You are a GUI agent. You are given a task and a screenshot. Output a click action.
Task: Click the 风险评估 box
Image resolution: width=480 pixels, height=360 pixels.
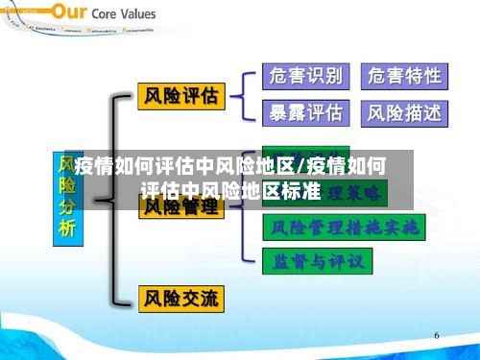click(180, 96)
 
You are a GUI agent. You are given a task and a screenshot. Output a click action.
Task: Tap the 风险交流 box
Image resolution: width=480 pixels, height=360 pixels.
click(180, 298)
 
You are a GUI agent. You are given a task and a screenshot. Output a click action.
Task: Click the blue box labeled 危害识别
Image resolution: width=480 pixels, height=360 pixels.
click(305, 76)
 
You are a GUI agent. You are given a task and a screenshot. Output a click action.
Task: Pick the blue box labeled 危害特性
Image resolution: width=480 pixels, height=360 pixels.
click(405, 76)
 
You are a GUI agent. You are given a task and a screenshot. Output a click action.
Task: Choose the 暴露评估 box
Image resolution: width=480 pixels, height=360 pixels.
click(305, 113)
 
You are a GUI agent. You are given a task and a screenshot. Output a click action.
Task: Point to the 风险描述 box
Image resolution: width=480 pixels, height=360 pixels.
click(405, 113)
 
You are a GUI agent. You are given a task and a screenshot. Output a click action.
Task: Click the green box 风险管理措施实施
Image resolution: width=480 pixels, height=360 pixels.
click(344, 228)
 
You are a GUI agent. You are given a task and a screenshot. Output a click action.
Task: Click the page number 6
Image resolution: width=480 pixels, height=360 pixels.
click(436, 336)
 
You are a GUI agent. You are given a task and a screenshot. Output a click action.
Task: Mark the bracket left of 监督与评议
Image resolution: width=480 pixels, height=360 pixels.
click(252, 260)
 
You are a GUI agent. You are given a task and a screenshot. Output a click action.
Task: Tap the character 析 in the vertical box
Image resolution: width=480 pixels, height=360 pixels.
click(66, 228)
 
